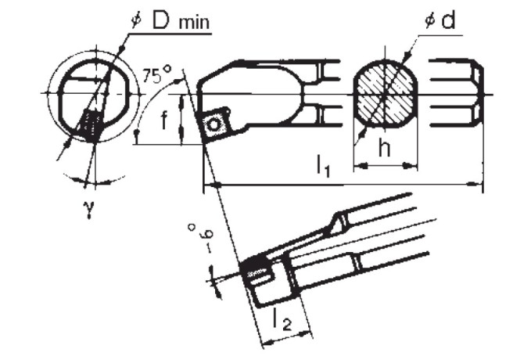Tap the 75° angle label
[x=156, y=76]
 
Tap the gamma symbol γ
[x=88, y=211]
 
